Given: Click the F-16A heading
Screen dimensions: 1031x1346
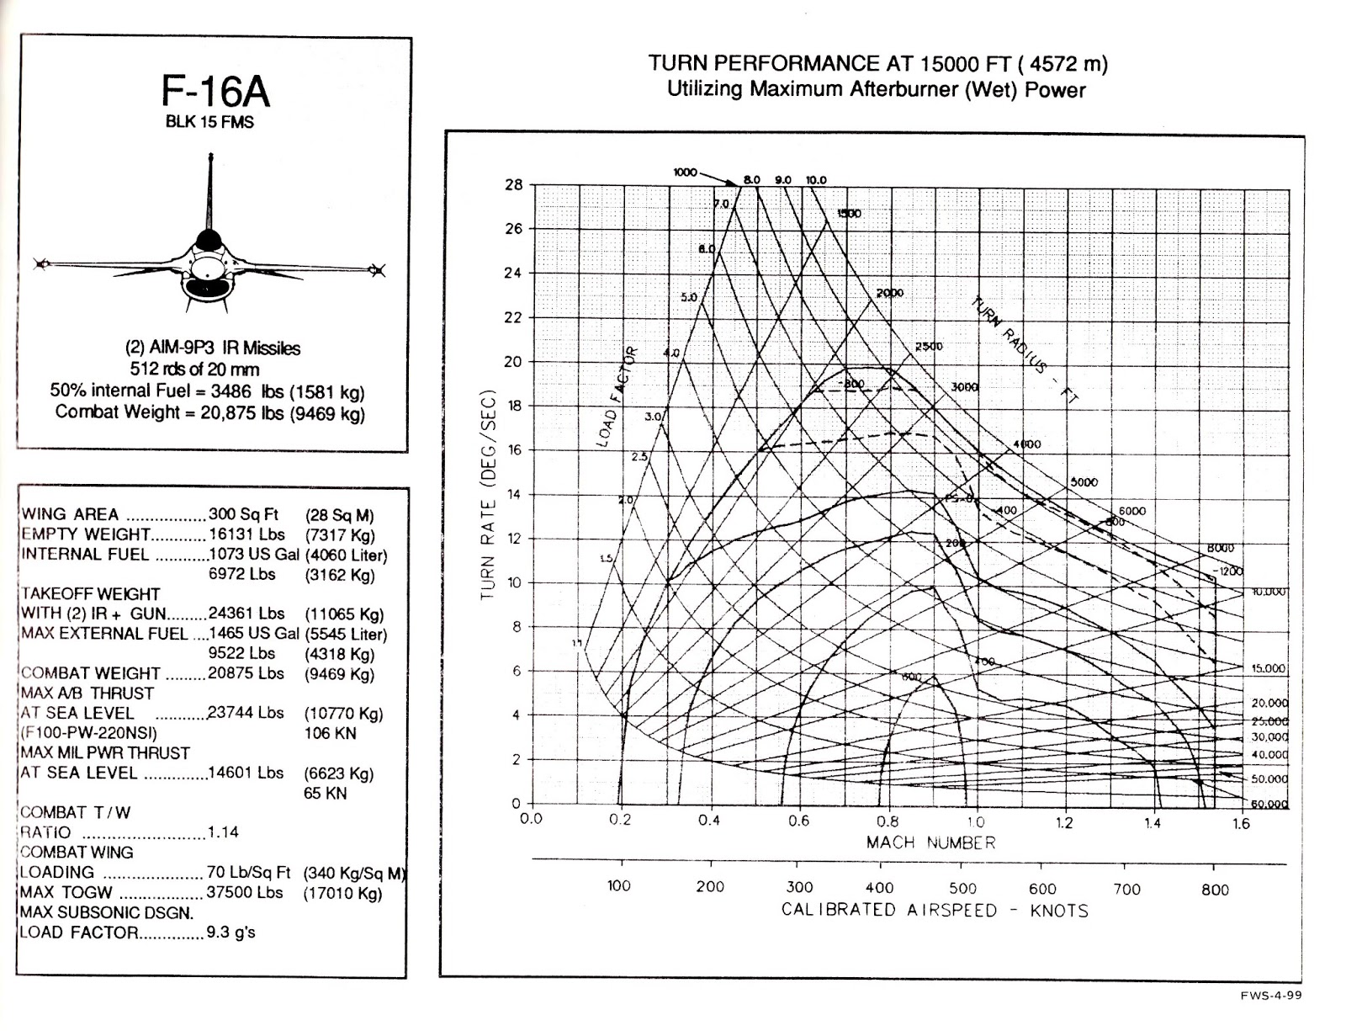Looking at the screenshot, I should (215, 92).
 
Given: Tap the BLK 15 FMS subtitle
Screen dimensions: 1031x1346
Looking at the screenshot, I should (209, 122).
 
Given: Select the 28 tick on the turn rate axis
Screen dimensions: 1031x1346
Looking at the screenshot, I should (513, 185).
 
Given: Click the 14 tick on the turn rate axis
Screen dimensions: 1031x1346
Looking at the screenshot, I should (513, 494).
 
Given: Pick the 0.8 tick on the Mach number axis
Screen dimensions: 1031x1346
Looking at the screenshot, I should (887, 821).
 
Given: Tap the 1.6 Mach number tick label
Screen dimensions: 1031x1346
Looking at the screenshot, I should (1241, 824).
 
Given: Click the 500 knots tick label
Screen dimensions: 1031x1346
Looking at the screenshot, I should (962, 889).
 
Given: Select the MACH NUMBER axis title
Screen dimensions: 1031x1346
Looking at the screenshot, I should (930, 842).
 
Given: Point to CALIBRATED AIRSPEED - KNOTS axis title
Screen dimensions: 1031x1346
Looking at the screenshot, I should (934, 911).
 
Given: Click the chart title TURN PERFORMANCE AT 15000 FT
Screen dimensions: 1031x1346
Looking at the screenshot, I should (877, 64).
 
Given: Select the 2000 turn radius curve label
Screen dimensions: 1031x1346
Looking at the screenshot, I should (889, 293).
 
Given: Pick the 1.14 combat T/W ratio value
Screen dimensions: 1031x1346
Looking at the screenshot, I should (223, 832).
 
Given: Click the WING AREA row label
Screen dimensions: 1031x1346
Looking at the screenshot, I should (70, 514).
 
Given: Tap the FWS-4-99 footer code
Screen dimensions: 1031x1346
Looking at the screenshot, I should (1270, 996).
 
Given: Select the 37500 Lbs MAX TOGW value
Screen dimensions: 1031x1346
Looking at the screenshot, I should (245, 892).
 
